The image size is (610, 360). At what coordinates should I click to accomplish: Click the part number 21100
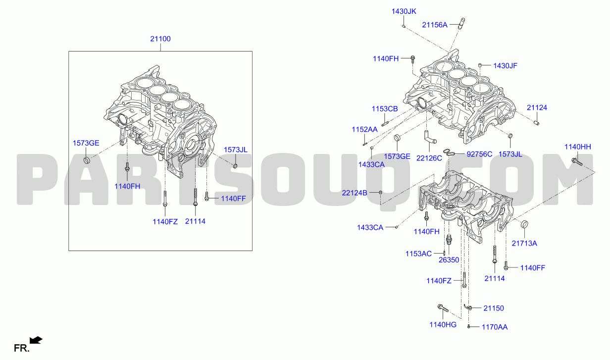pos(160,39)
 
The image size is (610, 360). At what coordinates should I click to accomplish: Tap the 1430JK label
pos(404,11)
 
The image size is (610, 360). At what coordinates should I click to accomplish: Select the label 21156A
pos(435,25)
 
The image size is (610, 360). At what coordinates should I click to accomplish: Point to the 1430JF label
pos(505,66)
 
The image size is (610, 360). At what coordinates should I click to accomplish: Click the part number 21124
pos(537,108)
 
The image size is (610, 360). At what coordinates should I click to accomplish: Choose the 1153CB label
pos(385,109)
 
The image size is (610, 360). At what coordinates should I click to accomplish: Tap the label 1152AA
pos(364,130)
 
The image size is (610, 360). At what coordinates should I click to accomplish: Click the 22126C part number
pos(429,158)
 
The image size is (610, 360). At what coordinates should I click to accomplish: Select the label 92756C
pos(479,154)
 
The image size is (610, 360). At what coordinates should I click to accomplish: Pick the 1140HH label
pos(578,147)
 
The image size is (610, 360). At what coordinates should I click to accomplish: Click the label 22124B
pos(355,193)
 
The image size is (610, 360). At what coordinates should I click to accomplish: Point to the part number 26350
pos(449,260)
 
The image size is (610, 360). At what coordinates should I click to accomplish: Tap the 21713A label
pos(524,244)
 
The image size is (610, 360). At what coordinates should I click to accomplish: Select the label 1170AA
pos(495,327)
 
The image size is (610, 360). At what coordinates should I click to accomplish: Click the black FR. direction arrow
pos(36,340)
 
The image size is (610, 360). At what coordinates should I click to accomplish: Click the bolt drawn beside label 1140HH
pos(577,162)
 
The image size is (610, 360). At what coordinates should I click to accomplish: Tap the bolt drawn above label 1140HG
pos(443,309)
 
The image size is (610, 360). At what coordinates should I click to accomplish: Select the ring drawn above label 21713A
pos(524,224)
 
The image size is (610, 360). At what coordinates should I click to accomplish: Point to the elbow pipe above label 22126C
pos(429,137)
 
